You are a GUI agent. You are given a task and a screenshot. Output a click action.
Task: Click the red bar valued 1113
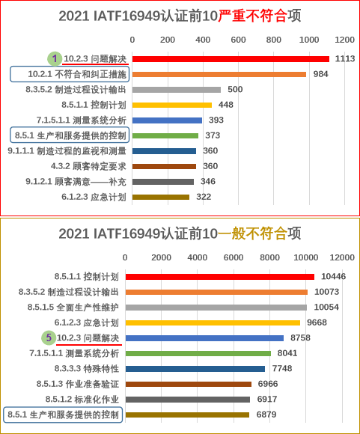pos(231,59)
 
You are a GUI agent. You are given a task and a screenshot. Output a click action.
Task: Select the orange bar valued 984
pos(219,75)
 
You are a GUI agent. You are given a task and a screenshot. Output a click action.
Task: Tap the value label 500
pos(235,89)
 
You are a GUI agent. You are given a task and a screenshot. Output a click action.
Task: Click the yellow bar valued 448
pos(172,106)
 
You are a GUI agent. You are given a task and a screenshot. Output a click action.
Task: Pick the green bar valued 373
pos(165,135)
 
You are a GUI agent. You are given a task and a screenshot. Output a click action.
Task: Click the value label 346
pos(208,182)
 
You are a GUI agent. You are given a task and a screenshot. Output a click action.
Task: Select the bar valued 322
pos(161,197)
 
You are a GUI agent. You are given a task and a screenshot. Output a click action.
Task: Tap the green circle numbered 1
pos(55,58)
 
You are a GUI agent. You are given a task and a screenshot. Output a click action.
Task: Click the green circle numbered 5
pos(49,337)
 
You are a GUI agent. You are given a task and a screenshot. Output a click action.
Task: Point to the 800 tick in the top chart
pos(274,40)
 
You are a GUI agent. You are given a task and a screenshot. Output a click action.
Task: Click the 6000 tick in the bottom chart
pos(234,257)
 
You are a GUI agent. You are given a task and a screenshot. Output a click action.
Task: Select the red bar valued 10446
pos(220,277)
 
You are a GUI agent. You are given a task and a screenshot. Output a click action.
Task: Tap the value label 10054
pos(326,308)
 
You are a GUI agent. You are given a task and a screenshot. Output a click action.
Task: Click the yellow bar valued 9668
pos(213,323)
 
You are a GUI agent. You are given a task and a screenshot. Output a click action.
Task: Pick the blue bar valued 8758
pos(204,338)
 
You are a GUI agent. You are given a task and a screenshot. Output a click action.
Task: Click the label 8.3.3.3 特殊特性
pos(87,369)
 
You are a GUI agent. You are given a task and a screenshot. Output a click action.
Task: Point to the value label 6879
pos(266,415)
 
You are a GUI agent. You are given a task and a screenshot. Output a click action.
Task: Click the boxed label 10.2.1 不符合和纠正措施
pos(70,74)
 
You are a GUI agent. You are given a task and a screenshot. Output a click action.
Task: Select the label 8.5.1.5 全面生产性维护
pos(73,308)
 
